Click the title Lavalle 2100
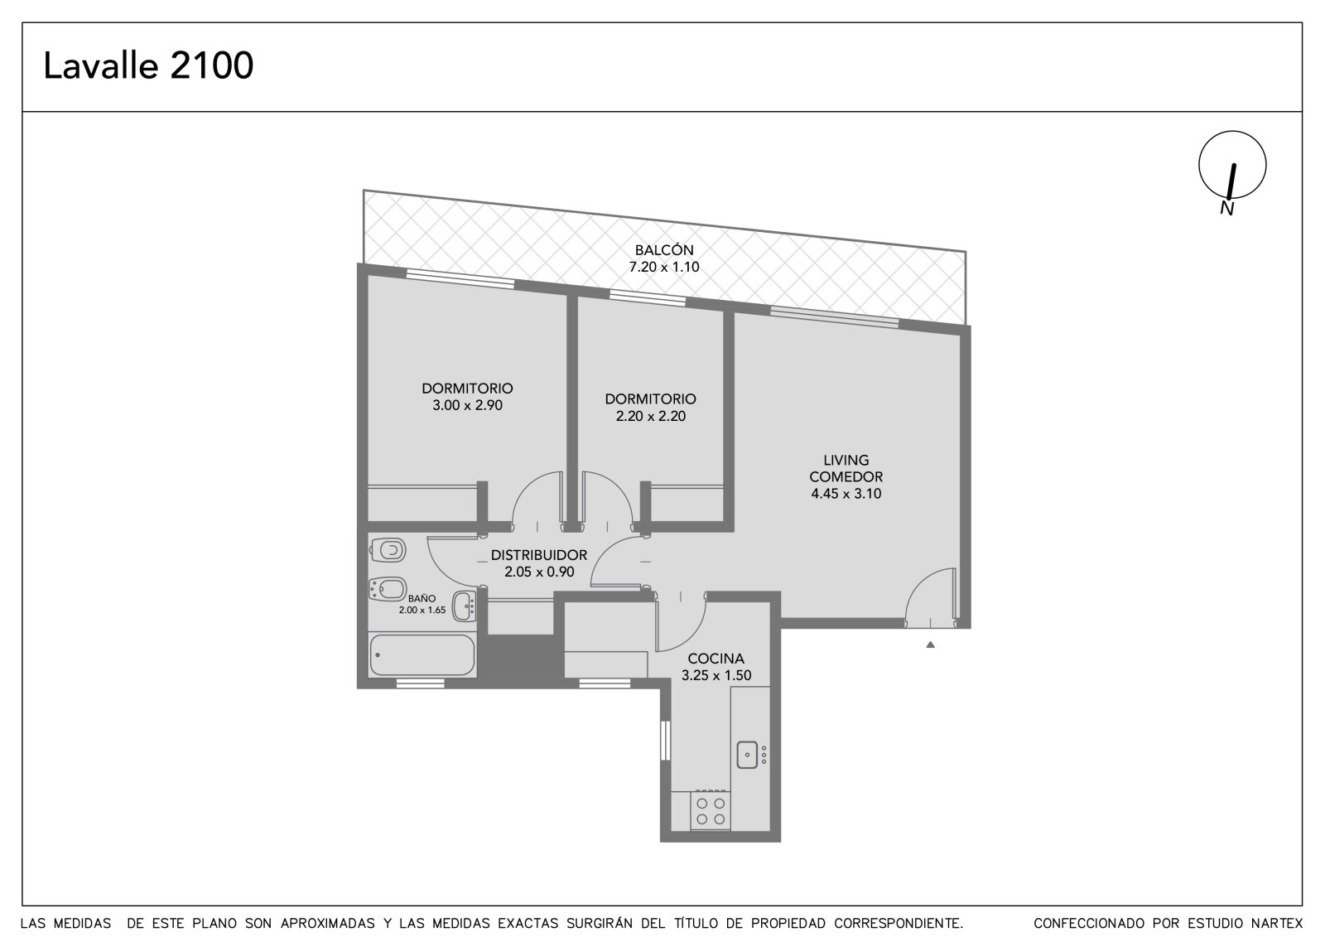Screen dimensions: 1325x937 [148, 65]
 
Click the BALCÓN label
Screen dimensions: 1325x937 [664, 250]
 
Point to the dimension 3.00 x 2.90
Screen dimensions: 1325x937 [467, 405]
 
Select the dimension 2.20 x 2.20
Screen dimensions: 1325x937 [651, 416]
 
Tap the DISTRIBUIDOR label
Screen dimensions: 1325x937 [539, 555]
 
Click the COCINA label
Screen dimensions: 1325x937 [715, 658]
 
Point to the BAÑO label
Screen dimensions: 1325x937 [422, 598]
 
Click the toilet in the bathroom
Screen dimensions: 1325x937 [388, 550]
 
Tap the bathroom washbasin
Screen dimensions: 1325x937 [465, 606]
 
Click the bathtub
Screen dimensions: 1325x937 [422, 654]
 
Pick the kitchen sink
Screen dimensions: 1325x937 [748, 755]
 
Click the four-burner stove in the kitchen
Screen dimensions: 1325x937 [711, 811]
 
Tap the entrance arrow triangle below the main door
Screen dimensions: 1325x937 [931, 645]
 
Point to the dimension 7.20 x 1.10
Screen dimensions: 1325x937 [664, 267]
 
